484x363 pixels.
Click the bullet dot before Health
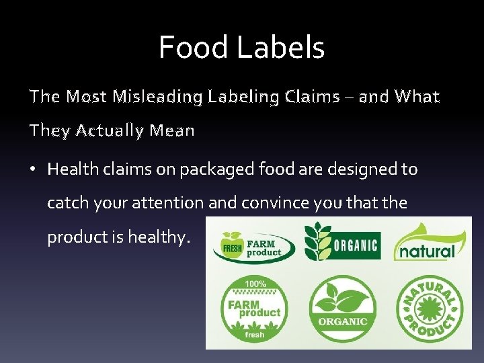click(x=32, y=169)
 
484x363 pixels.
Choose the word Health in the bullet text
click(x=73, y=169)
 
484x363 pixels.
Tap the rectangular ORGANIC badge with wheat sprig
click(x=342, y=241)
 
